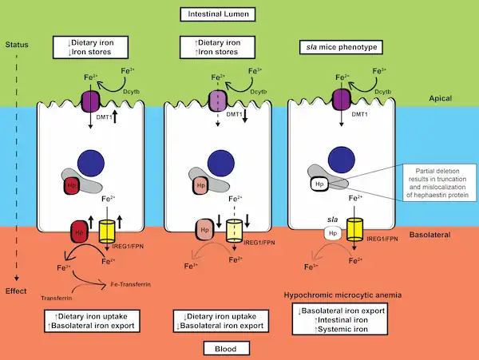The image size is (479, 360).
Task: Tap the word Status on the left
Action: click(16, 43)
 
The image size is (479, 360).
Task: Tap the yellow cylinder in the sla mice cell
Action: click(354, 231)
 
